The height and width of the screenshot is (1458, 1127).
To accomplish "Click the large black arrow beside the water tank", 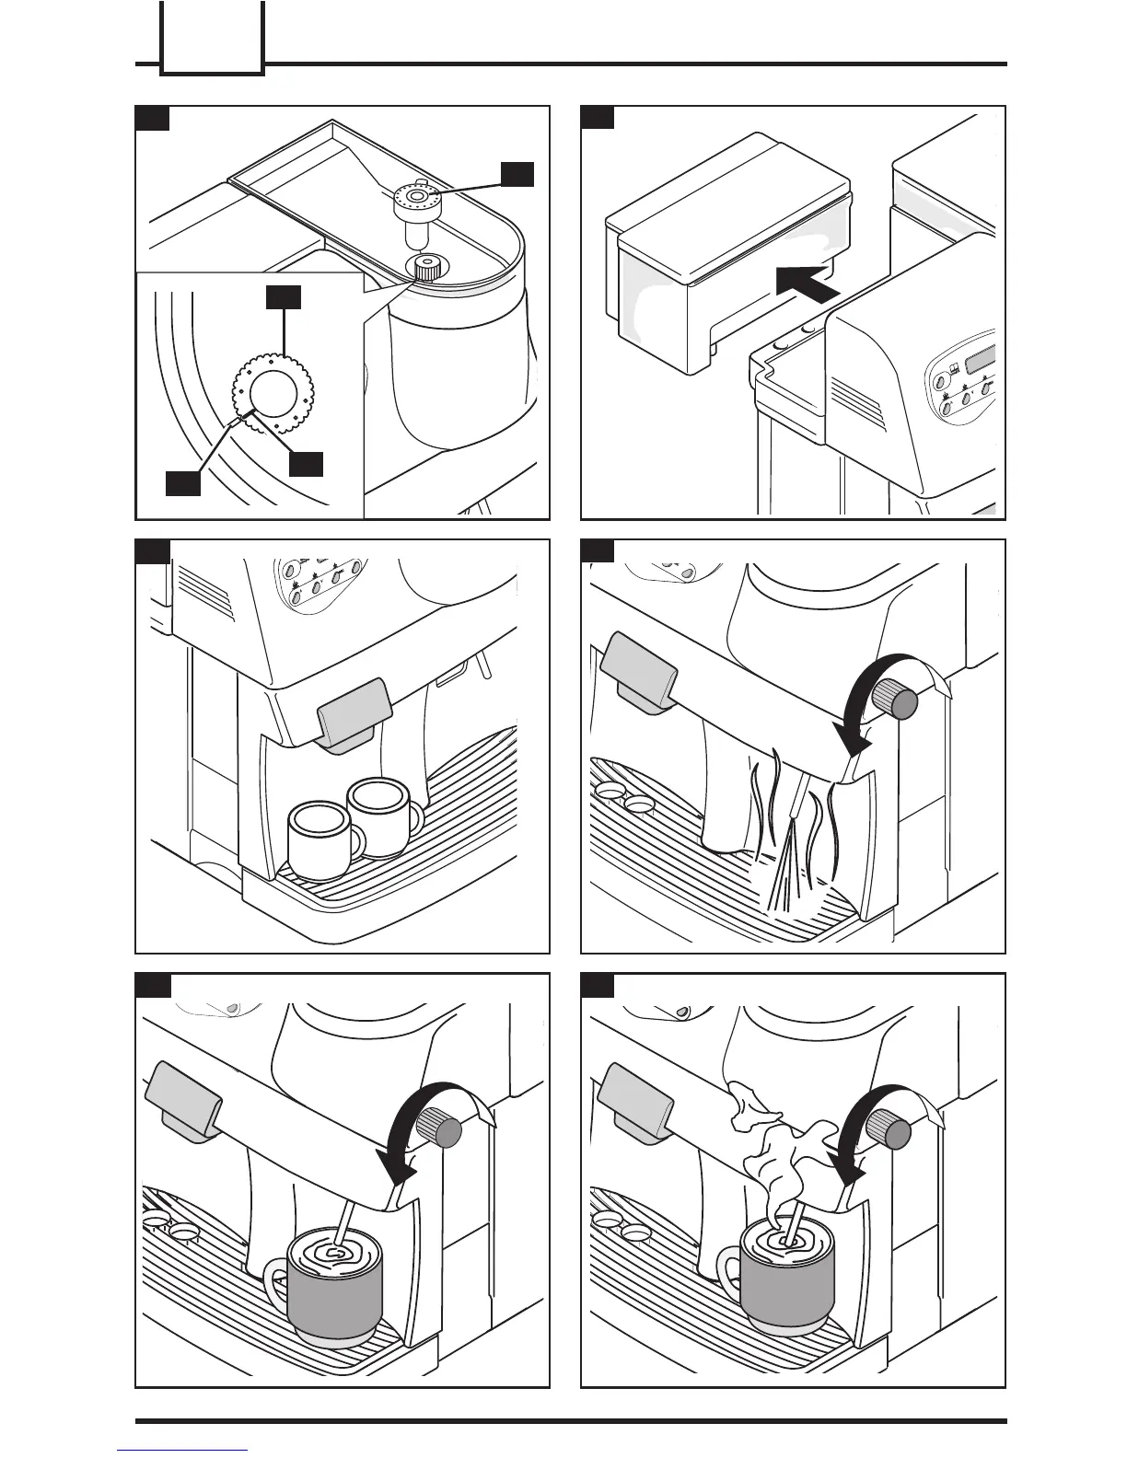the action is pyautogui.click(x=807, y=281).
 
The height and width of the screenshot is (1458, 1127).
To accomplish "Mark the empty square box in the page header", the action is pyautogui.click(x=212, y=37).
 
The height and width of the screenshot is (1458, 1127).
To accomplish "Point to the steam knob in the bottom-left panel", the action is pyautogui.click(x=442, y=1129).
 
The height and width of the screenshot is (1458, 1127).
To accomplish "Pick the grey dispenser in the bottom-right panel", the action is pyautogui.click(x=635, y=1100).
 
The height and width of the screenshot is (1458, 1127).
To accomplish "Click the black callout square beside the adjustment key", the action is pyautogui.click(x=517, y=175).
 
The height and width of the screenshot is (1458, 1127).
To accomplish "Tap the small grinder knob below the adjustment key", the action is pyautogui.click(x=425, y=269).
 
